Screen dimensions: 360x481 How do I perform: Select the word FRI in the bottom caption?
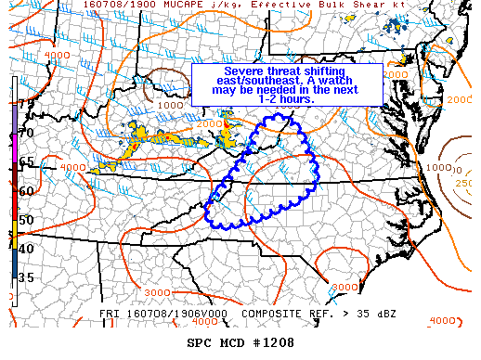point(110,314)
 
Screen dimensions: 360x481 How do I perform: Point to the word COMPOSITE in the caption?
point(275,314)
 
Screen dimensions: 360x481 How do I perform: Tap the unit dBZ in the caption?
point(384,314)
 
